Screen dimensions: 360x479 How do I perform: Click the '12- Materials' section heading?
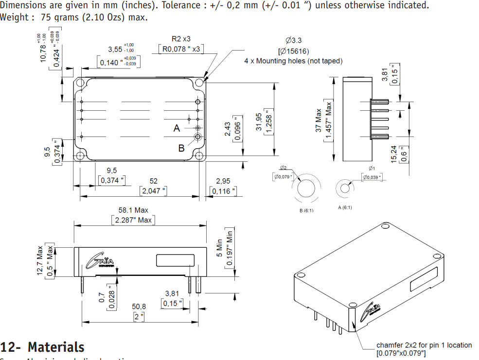tap(42, 347)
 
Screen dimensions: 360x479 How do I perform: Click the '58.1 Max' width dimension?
tap(133, 210)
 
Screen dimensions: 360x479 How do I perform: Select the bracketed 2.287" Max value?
tap(133, 220)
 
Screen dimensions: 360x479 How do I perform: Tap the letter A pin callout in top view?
tap(177, 128)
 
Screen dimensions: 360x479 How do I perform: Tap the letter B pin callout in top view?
tap(181, 148)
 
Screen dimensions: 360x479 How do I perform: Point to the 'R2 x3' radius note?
tap(181, 39)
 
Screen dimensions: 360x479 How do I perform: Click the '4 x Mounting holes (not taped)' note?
tap(293, 61)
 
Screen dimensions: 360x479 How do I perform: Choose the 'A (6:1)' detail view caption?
tap(345, 207)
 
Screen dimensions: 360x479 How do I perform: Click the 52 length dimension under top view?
tap(154, 181)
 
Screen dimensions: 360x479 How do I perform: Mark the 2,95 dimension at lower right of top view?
tap(223, 181)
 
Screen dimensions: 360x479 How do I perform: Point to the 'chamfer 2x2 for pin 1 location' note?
tap(424, 345)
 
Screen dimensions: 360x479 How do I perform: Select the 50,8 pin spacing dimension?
tap(139, 307)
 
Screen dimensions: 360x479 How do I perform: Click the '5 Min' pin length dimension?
tap(219, 248)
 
